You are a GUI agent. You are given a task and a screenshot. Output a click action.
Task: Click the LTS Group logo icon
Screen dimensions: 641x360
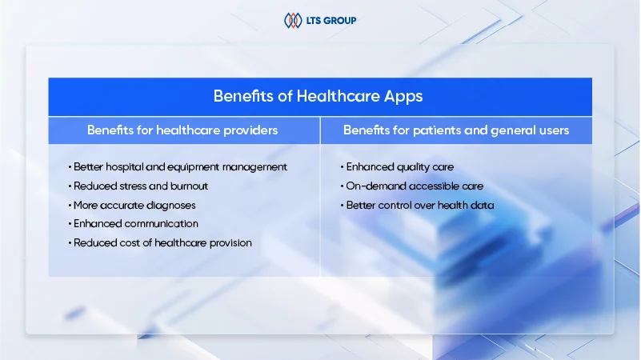click(x=293, y=20)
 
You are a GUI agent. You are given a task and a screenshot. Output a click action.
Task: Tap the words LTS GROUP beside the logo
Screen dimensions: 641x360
click(x=331, y=21)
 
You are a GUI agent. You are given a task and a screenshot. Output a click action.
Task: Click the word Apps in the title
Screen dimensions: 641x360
click(x=403, y=97)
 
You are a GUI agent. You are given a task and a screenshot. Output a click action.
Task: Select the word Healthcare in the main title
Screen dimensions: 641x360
click(x=338, y=96)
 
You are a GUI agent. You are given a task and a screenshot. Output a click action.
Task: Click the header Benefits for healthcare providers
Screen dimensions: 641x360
click(x=182, y=130)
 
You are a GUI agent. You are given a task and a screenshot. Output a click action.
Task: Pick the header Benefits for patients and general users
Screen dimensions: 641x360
click(x=456, y=130)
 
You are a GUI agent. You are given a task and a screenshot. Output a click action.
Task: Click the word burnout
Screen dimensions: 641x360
click(x=190, y=186)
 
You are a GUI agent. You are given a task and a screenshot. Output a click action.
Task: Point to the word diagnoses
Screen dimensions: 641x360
click(x=171, y=206)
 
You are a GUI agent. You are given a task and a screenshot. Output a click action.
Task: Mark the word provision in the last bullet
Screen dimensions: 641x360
click(x=230, y=243)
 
